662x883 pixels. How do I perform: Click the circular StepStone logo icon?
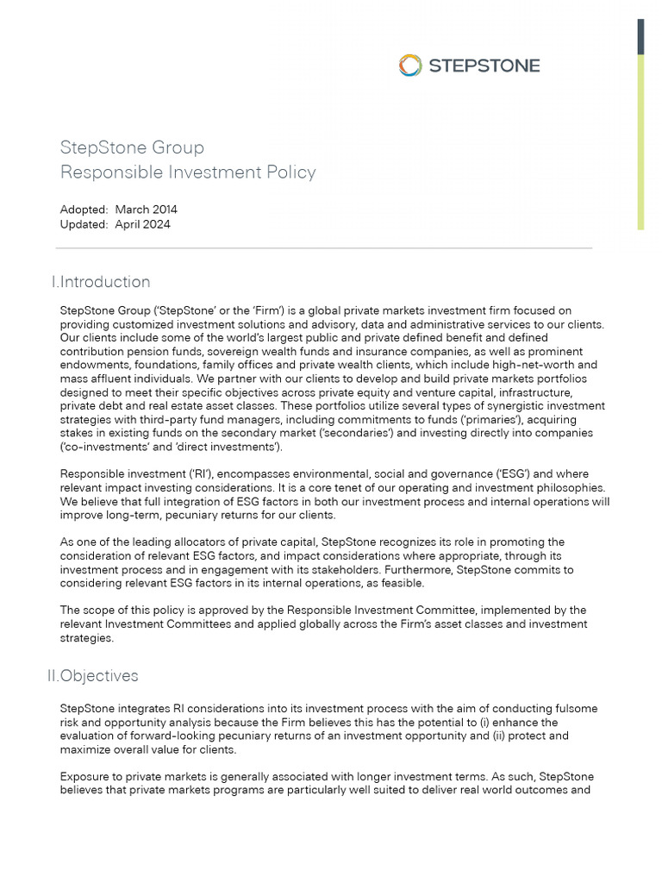click(x=410, y=65)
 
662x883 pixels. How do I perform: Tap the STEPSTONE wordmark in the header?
click(x=484, y=66)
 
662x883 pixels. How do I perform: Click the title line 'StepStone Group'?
click(x=132, y=147)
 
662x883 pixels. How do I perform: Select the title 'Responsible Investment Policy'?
click(x=188, y=172)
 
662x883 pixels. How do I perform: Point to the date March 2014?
click(x=146, y=210)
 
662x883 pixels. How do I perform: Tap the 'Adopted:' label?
click(x=84, y=210)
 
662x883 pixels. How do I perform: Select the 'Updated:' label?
click(x=84, y=224)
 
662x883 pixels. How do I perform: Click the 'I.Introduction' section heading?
click(x=101, y=282)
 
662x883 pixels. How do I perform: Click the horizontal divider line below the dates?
click(x=323, y=248)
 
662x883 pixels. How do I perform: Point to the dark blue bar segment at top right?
click(x=640, y=36)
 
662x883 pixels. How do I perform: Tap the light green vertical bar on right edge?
click(x=640, y=142)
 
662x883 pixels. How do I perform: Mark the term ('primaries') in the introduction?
click(x=492, y=419)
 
